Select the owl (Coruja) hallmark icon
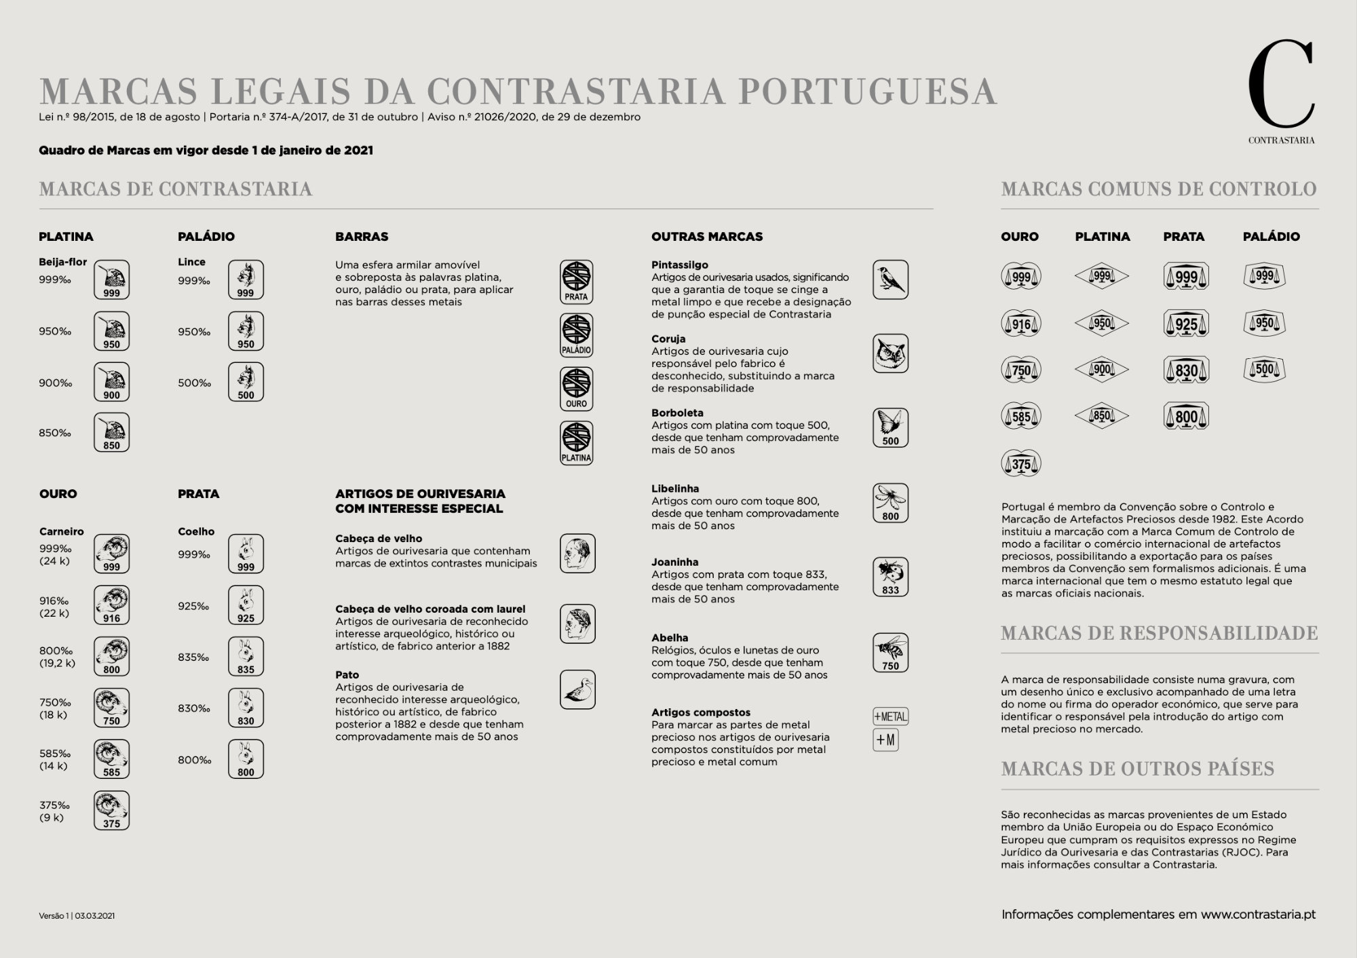click(x=890, y=353)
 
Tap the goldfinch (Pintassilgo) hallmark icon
click(x=890, y=280)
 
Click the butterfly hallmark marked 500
click(x=890, y=427)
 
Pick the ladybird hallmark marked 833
click(x=890, y=577)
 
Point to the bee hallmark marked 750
click(x=890, y=652)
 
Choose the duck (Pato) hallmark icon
click(x=577, y=689)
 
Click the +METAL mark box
click(x=890, y=716)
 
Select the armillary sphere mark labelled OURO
click(x=577, y=389)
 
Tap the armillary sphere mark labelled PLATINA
click(x=577, y=442)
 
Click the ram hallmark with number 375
click(x=111, y=810)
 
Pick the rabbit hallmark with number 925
click(x=246, y=605)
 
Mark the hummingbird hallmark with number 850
click(x=111, y=432)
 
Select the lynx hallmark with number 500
click(x=246, y=382)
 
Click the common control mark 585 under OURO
click(x=1021, y=416)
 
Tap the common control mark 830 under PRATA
click(x=1186, y=370)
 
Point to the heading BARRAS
click(x=362, y=237)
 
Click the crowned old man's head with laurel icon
click(x=577, y=624)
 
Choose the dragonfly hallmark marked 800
click(x=890, y=503)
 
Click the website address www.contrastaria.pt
click(x=1258, y=915)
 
